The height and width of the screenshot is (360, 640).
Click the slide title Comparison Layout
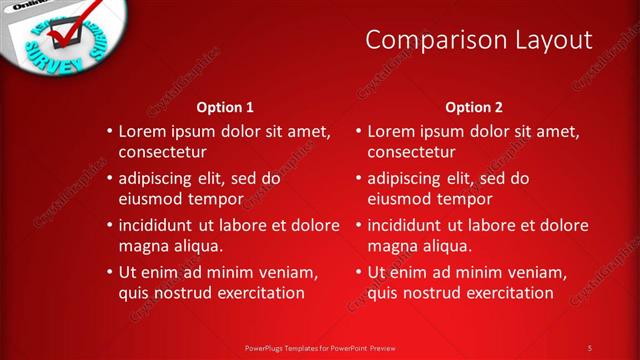[x=478, y=40]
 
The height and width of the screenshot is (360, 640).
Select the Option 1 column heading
[x=225, y=107]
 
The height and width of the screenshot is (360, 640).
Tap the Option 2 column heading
[x=474, y=107]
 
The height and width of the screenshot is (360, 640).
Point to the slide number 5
[x=590, y=347]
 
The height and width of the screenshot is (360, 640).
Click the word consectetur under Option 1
[x=163, y=152]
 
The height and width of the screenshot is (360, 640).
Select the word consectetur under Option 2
[x=412, y=152]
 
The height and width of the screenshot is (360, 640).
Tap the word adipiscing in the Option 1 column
[x=158, y=178]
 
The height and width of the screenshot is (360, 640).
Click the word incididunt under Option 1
[x=159, y=225]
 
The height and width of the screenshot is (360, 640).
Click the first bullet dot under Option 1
[x=110, y=132]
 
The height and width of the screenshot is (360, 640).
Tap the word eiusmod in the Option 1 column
[x=152, y=198]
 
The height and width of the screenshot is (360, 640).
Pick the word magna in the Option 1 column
[x=143, y=245]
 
